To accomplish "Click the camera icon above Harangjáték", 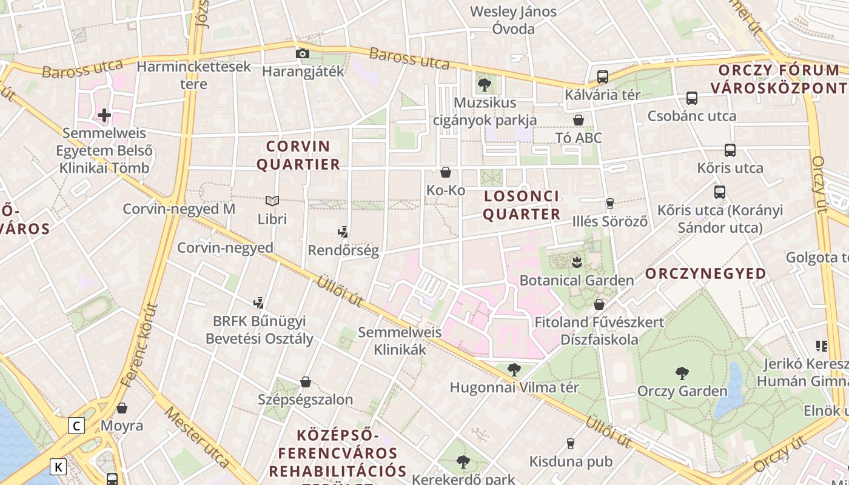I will (x=302, y=53).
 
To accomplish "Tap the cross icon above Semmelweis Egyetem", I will (x=104, y=115).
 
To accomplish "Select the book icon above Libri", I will (x=272, y=201).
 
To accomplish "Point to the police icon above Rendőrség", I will (x=343, y=232).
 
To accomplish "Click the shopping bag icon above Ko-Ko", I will (x=446, y=172).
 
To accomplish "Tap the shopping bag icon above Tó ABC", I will (x=579, y=120).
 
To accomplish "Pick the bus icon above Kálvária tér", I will (x=602, y=77).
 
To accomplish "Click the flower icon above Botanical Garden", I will (x=576, y=262).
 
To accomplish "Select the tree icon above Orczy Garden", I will (x=682, y=373).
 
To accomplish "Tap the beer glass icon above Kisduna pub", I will (x=570, y=444).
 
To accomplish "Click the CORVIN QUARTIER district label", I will (x=298, y=155).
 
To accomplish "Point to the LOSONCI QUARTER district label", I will (x=522, y=205).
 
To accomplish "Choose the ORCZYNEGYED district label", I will (x=706, y=273).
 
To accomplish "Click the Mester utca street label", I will (x=197, y=437).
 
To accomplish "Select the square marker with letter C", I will (x=76, y=426).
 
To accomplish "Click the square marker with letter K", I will (x=58, y=467).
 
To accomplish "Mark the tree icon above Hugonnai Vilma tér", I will (x=514, y=369).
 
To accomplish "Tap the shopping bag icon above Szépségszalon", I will (x=306, y=382).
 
